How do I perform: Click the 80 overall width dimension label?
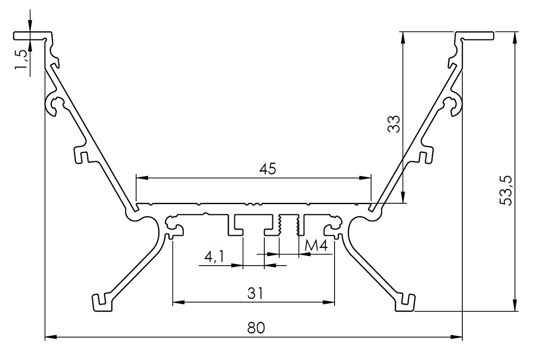pos(256,328)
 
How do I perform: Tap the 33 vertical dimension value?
pos(394,124)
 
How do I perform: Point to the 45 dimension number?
pos(267,169)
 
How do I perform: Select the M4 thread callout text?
pos(316,246)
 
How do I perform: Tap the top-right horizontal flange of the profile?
pos(476,35)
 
